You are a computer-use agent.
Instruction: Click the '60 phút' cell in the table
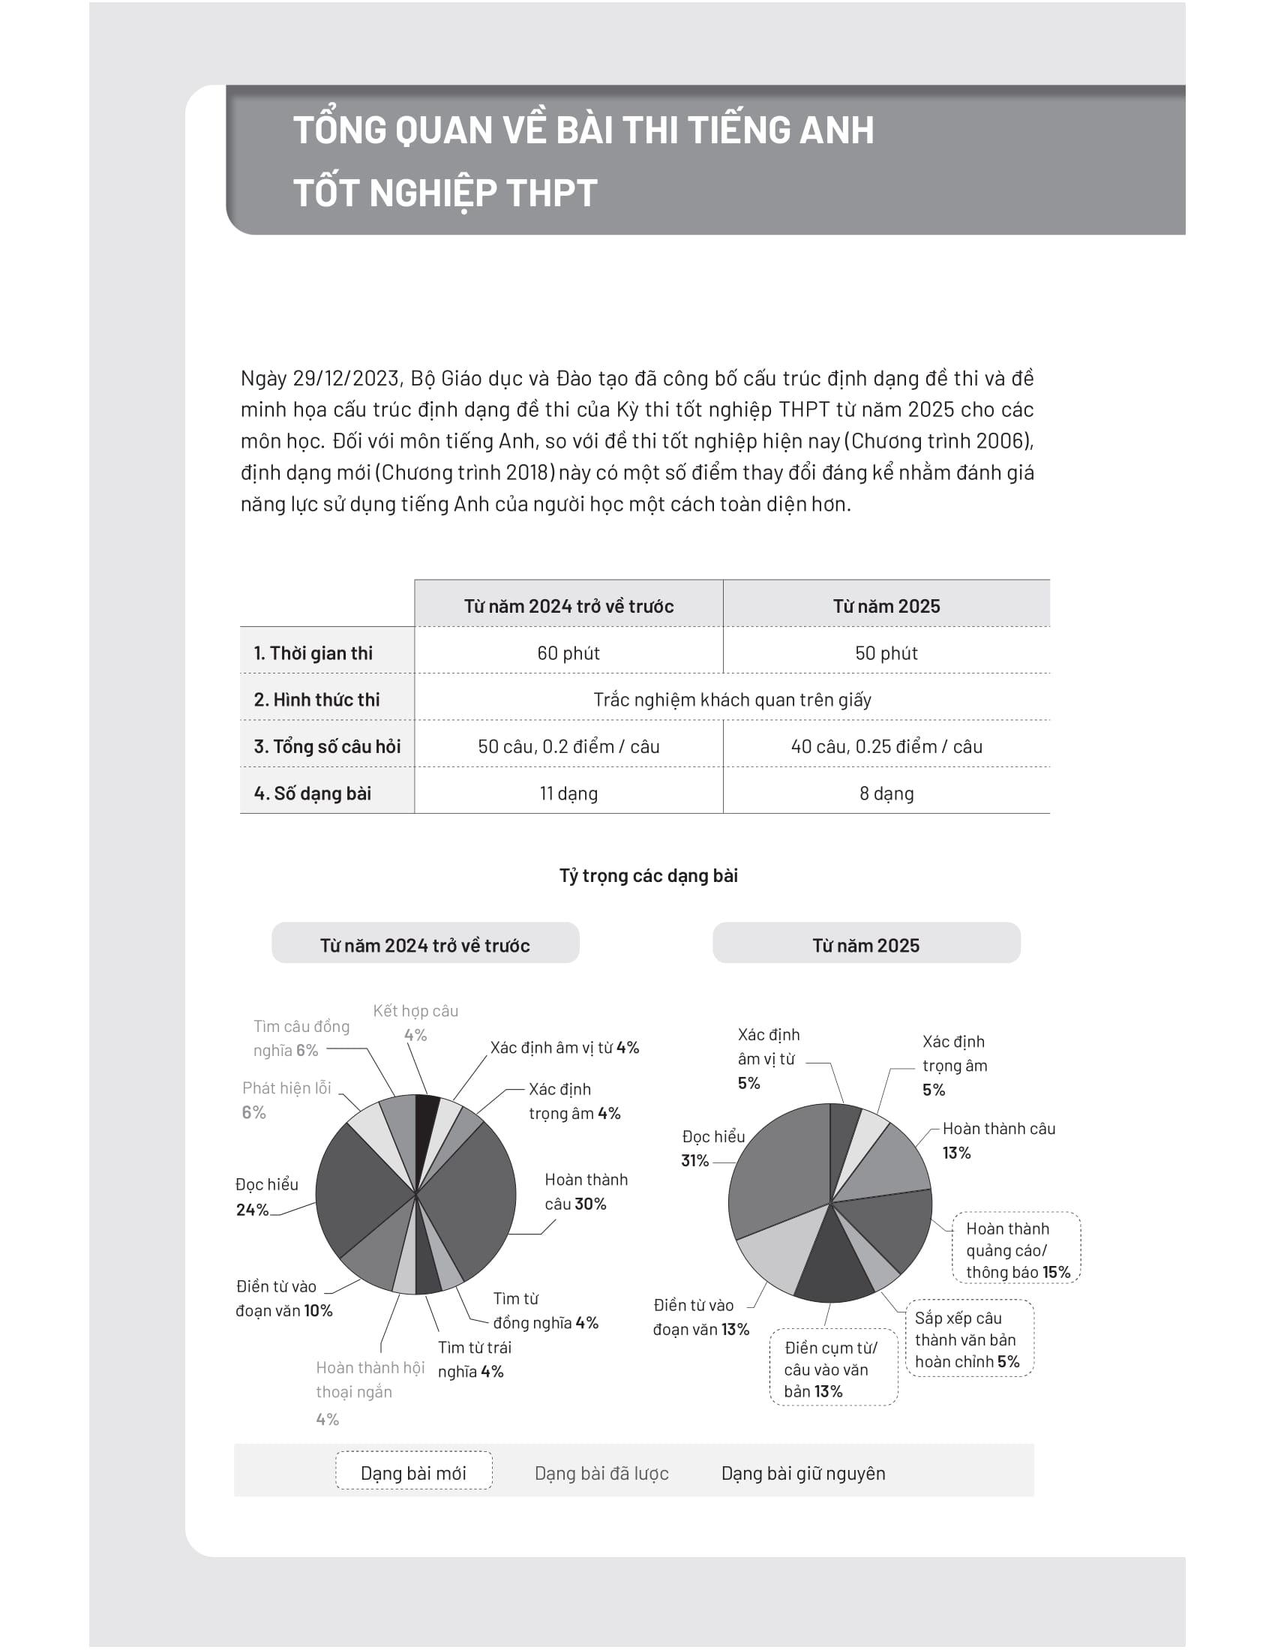click(568, 652)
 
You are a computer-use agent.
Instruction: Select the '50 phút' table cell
click(886, 652)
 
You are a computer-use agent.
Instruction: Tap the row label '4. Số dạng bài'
click(313, 793)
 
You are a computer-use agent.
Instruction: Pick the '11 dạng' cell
click(568, 793)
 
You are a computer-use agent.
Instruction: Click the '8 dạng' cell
click(886, 793)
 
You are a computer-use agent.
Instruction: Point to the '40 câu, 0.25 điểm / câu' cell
click(886, 746)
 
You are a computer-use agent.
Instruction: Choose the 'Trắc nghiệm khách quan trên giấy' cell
click(732, 700)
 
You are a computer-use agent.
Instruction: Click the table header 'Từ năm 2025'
click(886, 606)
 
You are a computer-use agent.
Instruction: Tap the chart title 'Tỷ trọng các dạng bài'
click(648, 875)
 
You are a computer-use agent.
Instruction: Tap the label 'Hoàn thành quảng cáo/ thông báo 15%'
click(1017, 1250)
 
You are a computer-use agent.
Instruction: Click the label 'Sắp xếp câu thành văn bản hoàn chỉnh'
click(967, 1339)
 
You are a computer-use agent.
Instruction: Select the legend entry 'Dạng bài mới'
click(413, 1473)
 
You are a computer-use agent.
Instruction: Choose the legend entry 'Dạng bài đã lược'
click(601, 1473)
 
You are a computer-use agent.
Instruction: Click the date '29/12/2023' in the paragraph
click(346, 378)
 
